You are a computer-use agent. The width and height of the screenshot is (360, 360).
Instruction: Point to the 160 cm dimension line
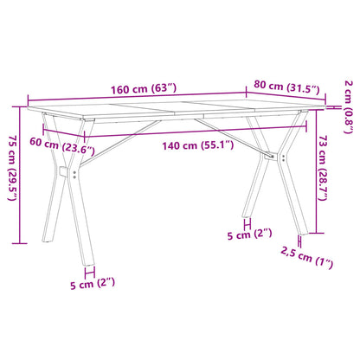pos(138,100)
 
